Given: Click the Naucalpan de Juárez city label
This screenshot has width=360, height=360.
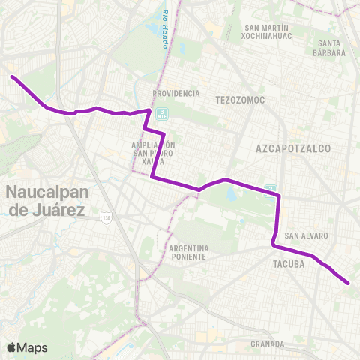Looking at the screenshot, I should pos(45,199).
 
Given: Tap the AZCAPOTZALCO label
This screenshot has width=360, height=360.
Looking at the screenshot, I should pos(293,149).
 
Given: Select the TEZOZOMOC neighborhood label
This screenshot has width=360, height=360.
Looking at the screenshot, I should pos(237,100).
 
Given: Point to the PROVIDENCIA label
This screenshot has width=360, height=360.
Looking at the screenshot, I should pos(176,94).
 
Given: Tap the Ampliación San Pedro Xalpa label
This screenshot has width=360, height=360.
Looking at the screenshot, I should pos(153,153).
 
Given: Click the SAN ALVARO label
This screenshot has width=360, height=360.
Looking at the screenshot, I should pos(306,235).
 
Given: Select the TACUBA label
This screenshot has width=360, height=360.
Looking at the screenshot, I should pos(288,264).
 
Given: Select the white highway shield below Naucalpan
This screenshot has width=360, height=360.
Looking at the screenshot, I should pos(106,217).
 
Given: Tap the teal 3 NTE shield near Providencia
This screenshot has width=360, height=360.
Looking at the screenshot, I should pos(164,114).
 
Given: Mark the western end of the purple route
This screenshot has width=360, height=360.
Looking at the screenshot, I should pos(11,76).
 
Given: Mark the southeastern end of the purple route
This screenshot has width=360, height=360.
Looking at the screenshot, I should pos(349,283).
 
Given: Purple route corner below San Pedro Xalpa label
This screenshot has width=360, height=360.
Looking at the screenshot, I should pos(152,177).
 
